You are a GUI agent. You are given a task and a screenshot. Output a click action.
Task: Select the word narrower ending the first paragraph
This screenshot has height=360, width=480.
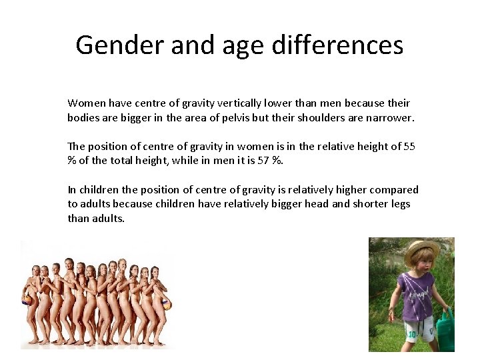[x=389, y=117]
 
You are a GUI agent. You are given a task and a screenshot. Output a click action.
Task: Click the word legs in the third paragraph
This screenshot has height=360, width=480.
[x=398, y=204]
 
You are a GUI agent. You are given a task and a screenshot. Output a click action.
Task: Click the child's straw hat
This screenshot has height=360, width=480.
[x=421, y=252]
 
